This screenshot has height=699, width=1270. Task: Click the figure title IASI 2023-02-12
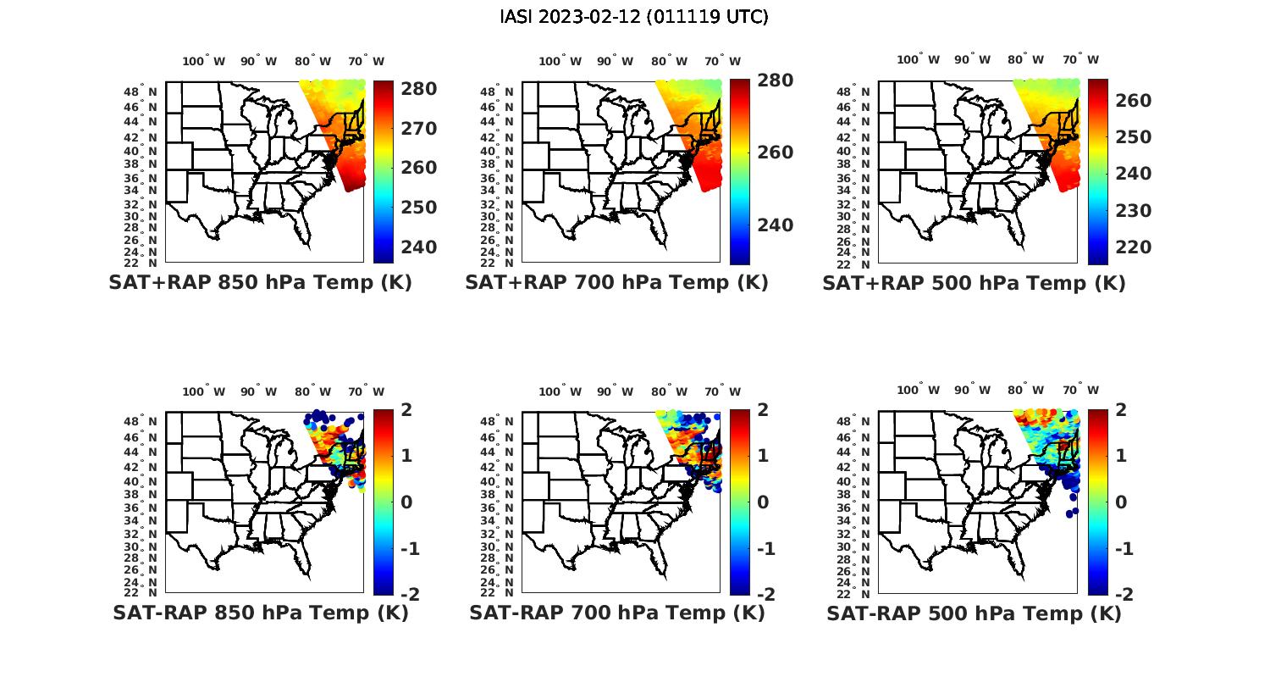(x=634, y=17)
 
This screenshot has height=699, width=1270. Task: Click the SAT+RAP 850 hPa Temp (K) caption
(x=260, y=282)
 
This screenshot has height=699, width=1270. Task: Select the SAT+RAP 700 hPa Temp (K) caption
(x=616, y=282)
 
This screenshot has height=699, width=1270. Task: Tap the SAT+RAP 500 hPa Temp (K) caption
(x=974, y=283)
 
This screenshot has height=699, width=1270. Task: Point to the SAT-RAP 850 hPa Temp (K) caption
(x=261, y=613)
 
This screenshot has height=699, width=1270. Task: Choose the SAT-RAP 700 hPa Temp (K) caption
(x=617, y=613)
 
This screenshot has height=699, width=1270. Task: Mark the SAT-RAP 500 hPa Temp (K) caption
(x=974, y=613)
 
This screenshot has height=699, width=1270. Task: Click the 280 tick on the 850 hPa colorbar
(x=419, y=89)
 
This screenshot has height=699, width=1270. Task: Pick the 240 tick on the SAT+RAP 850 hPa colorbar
(x=419, y=247)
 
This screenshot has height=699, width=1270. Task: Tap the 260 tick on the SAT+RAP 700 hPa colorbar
(x=776, y=153)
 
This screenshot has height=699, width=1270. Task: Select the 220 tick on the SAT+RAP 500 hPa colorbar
(x=1134, y=247)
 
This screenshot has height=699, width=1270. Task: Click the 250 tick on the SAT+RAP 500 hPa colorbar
(x=1134, y=137)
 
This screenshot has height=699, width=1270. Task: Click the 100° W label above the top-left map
(x=204, y=61)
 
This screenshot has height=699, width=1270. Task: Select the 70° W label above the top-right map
(x=1079, y=60)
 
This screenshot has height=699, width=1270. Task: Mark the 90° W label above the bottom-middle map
(x=615, y=391)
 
